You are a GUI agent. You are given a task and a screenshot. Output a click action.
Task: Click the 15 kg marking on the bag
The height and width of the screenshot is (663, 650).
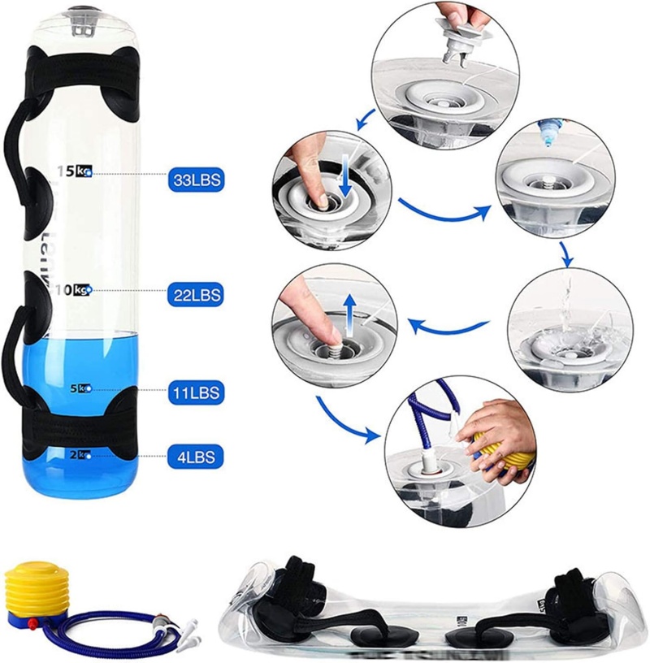[75, 171]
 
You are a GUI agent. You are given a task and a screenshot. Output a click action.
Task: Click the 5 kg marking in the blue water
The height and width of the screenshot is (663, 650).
[80, 388]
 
